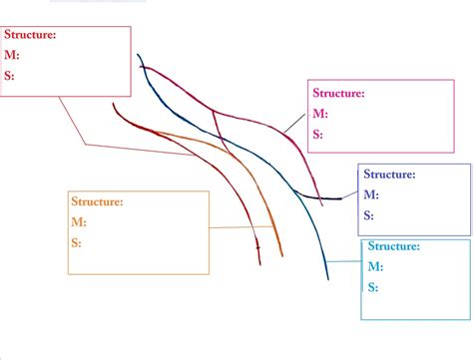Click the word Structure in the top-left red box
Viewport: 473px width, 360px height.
pyautogui.click(x=30, y=35)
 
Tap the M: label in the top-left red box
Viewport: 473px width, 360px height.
pyautogui.click(x=12, y=55)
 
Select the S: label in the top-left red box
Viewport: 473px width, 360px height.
pyautogui.click(x=10, y=75)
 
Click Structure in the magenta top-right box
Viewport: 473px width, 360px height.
pyautogui.click(x=338, y=93)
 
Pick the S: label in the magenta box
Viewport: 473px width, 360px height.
pyautogui.click(x=317, y=134)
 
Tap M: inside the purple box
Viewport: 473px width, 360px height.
pyautogui.click(x=370, y=194)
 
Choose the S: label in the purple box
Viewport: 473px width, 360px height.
pyautogui.click(x=368, y=214)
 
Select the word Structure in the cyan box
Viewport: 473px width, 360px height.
pyautogui.click(x=394, y=245)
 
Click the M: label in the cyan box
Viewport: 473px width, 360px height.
pyautogui.click(x=375, y=266)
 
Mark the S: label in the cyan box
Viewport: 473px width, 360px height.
pyautogui.click(x=372, y=287)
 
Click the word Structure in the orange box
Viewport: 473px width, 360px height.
pyautogui.click(x=97, y=201)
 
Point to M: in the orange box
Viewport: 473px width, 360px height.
pyautogui.click(x=78, y=221)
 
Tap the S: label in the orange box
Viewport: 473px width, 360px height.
pyautogui.click(x=76, y=242)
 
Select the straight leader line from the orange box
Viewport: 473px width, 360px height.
pyautogui.click(x=239, y=228)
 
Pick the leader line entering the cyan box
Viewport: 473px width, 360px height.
pyautogui.click(x=344, y=261)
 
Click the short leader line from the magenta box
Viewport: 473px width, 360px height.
pyautogui.click(x=294, y=120)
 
